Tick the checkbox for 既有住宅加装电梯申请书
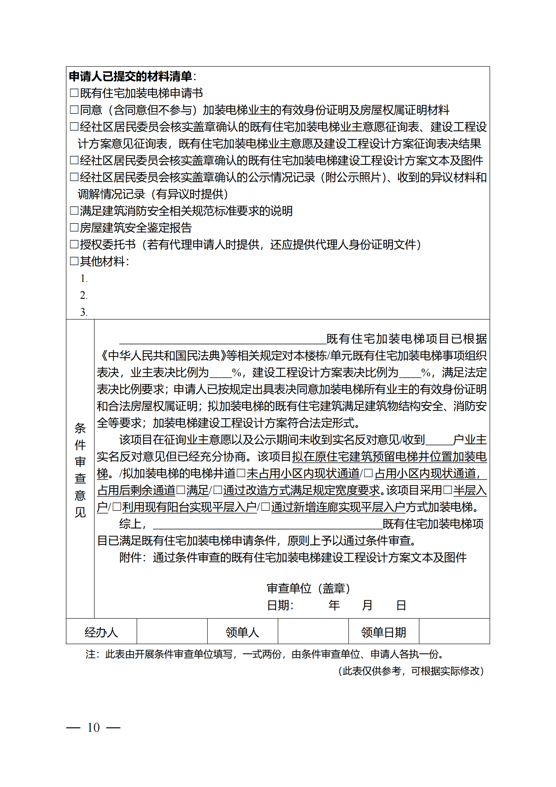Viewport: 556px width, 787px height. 74,93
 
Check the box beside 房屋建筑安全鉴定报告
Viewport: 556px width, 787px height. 74,227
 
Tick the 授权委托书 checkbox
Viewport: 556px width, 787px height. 74,244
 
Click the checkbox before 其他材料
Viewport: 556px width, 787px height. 74,261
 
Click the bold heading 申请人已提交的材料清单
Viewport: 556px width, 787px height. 131,76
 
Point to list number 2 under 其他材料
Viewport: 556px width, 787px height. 84,295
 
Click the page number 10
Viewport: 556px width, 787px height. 93,728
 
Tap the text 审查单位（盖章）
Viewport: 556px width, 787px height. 308,588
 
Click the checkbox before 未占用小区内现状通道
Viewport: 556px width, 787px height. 241,473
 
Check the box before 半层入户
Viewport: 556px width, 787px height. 447,490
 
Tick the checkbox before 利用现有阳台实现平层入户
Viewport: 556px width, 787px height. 117,507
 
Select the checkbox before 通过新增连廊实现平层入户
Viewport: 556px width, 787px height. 265,507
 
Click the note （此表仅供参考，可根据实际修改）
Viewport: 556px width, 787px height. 411,671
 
